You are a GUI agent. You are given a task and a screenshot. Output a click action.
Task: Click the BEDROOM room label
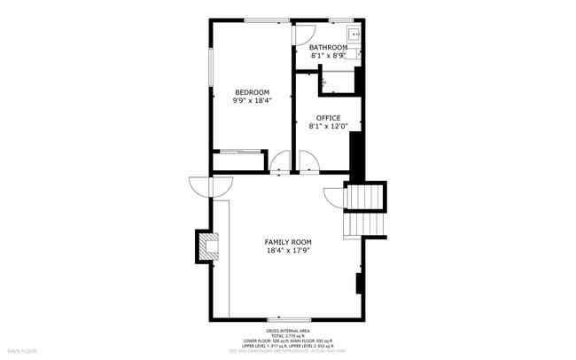[x=252, y=92]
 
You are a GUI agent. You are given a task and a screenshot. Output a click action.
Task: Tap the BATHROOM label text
[x=327, y=47]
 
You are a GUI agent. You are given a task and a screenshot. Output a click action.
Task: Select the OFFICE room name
[x=329, y=118]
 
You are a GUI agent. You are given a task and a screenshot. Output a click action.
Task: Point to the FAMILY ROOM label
[x=288, y=241]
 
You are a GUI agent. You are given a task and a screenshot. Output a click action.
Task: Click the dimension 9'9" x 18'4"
[x=252, y=100]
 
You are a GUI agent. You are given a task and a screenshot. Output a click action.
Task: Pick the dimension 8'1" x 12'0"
[x=329, y=126]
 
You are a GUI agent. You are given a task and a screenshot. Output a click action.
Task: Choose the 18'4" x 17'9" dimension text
[x=288, y=250]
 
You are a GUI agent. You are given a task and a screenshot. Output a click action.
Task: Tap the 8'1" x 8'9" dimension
[x=327, y=55]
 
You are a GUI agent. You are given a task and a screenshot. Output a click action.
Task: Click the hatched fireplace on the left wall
[x=206, y=246]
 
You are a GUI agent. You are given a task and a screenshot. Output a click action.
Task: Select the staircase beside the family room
[x=365, y=210]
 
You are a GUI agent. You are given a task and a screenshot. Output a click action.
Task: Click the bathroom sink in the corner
[x=354, y=35]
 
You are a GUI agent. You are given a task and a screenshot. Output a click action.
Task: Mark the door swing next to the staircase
[x=333, y=197]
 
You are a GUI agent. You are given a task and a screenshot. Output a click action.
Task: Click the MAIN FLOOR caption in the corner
[x=21, y=351]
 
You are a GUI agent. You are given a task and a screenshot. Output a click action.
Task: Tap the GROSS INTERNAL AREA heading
[x=287, y=331]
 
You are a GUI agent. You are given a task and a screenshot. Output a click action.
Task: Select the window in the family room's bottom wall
[x=288, y=319]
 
